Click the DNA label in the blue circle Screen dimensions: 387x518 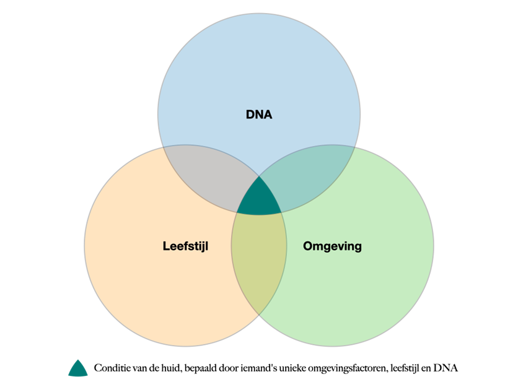click(x=259, y=115)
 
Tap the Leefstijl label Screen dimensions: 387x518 click(x=185, y=246)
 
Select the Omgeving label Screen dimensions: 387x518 click(x=332, y=246)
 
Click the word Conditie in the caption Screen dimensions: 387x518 click(x=110, y=368)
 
